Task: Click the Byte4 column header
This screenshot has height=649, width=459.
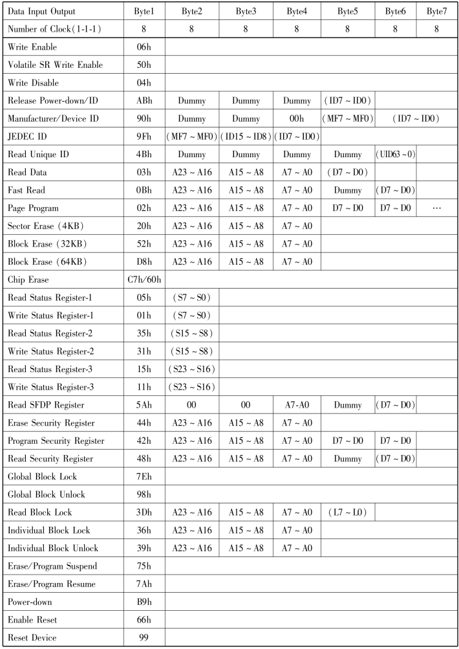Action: tap(296, 12)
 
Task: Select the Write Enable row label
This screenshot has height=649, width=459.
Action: tap(32, 47)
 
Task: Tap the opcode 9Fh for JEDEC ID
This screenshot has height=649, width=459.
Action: tap(145, 137)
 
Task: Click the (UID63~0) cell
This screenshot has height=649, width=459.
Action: tap(396, 155)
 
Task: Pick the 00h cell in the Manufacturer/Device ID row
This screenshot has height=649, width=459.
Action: tap(296, 119)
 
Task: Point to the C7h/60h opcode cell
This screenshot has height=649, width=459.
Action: tap(145, 280)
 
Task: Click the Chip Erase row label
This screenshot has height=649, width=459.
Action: tap(30, 280)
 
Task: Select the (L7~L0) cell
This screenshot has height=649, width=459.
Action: tap(347, 512)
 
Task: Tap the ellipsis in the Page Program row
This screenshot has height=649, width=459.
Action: tap(436, 208)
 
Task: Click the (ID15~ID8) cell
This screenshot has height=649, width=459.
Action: tap(245, 137)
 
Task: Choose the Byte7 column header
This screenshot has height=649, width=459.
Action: tap(436, 12)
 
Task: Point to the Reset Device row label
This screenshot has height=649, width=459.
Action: tap(32, 637)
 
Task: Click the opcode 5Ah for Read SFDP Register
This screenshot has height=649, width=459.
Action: tap(145, 405)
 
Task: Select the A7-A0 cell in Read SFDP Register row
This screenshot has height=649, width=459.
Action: tap(296, 405)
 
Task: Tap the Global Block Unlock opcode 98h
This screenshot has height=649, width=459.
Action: tap(145, 494)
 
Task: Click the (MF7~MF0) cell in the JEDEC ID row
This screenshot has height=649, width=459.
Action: tap(191, 137)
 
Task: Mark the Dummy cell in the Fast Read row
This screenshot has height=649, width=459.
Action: tap(347, 190)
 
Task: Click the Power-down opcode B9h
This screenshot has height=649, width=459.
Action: tap(145, 602)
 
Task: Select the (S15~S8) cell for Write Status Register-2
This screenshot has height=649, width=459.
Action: tap(191, 351)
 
